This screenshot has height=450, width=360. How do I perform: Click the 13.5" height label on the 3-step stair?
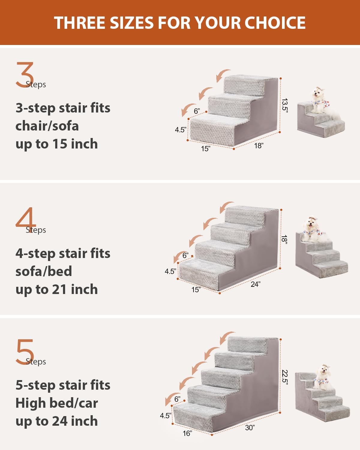(x=284, y=105)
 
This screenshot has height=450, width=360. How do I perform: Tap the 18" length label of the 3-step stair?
(x=259, y=146)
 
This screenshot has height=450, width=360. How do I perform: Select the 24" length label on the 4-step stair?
(x=255, y=284)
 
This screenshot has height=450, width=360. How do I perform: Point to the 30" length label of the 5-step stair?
(x=250, y=427)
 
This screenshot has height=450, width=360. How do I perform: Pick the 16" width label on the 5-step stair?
(x=187, y=433)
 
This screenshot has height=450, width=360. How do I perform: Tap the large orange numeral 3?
(x=25, y=75)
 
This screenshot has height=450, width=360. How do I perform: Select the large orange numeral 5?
(x=25, y=352)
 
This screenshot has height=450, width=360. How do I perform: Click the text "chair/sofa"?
(x=47, y=126)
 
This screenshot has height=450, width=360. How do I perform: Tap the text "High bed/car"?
(x=57, y=403)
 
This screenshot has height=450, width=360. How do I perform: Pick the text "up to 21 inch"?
(x=57, y=289)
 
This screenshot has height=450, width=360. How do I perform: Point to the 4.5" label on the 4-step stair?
(x=170, y=271)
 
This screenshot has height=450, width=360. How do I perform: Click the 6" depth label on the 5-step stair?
(x=177, y=399)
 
